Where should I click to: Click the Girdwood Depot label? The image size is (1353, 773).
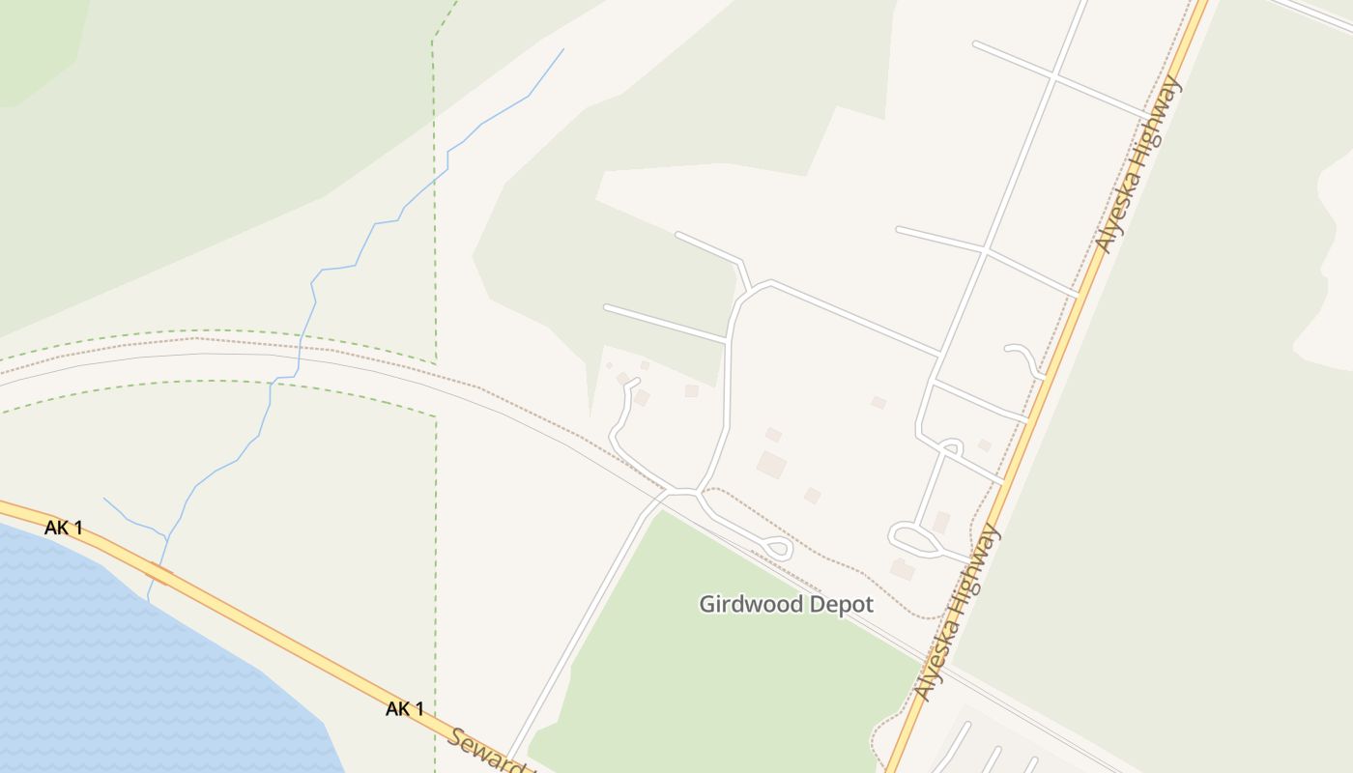pyautogui.click(x=786, y=605)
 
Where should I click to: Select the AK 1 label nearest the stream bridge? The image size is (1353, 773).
pyautogui.click(x=64, y=528)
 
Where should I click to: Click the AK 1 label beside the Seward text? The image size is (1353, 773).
pyautogui.click(x=405, y=709)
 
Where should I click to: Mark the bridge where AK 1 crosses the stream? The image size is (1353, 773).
pyautogui.click(x=159, y=574)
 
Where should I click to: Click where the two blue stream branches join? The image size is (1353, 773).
pyautogui.click(x=166, y=537)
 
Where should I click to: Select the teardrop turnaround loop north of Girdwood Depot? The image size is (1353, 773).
pyautogui.click(x=777, y=549)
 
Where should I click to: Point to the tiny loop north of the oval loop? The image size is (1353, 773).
pyautogui.click(x=951, y=446)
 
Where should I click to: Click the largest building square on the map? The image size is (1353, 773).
pyautogui.click(x=771, y=465)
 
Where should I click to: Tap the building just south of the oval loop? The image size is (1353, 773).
pyautogui.click(x=902, y=570)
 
